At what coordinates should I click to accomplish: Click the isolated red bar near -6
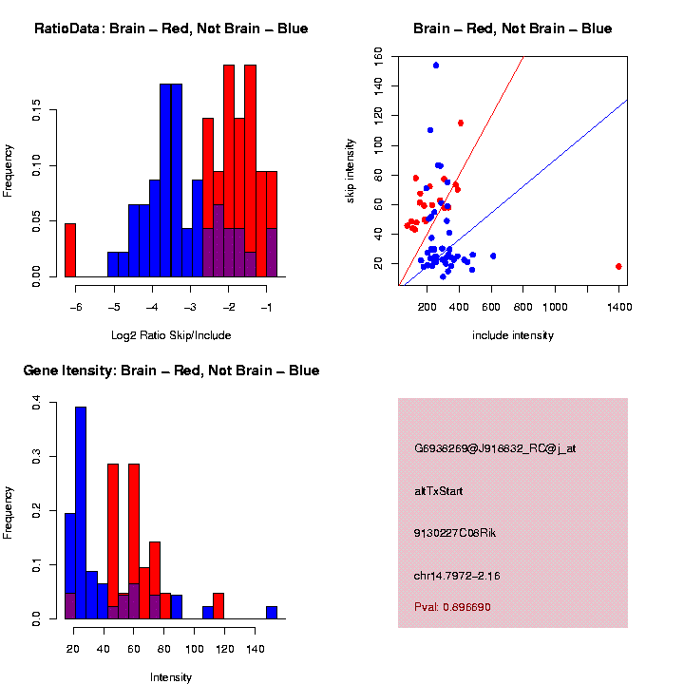pos(70,250)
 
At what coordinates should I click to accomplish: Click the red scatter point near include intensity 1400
pos(618,266)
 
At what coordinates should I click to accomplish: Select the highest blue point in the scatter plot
pos(436,66)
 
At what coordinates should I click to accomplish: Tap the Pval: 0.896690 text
pos(452,607)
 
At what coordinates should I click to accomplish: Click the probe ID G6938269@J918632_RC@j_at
pos(495,447)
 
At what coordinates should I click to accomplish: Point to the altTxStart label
pos(438,491)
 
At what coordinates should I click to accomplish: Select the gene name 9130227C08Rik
pos(455,533)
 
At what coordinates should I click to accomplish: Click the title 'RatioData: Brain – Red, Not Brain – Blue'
pos(171,28)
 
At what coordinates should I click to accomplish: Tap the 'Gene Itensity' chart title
pos(171,370)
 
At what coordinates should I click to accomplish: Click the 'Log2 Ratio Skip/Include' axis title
pos(171,335)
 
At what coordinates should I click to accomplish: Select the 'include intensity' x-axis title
pos(513,335)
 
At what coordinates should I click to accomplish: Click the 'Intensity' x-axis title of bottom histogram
pos(171,677)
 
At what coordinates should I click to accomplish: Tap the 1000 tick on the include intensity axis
pos(554,306)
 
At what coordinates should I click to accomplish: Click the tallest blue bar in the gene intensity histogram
pos(81,513)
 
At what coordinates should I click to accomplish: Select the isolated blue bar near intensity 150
pos(272,613)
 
